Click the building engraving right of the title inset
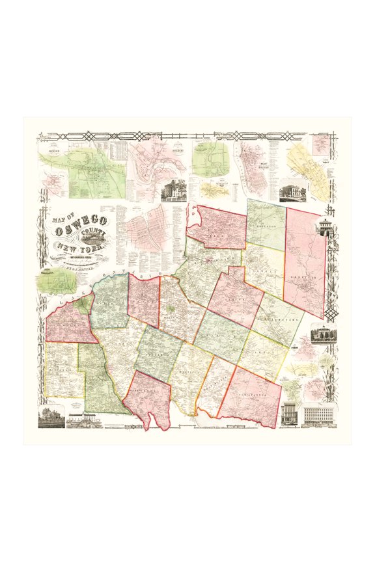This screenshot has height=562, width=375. click(174, 189)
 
